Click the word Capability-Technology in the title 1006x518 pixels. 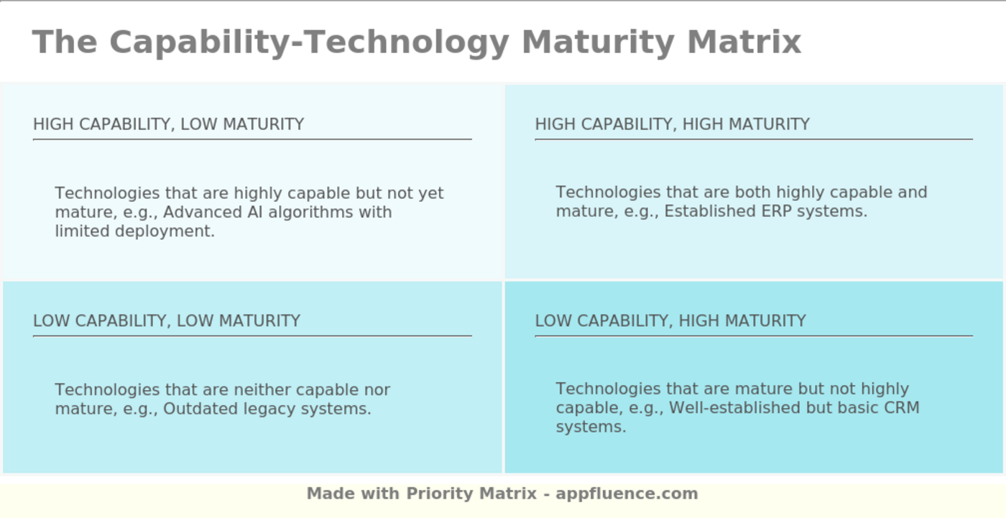tap(309, 42)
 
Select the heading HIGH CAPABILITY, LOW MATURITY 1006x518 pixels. tap(168, 124)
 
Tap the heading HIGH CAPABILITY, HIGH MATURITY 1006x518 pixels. tap(672, 124)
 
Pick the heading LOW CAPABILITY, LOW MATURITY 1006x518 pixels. tap(167, 320)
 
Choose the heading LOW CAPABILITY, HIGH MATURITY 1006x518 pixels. tap(670, 320)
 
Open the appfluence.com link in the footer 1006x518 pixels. tap(627, 494)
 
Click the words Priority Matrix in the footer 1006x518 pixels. tap(471, 494)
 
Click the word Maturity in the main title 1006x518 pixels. tap(598, 42)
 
